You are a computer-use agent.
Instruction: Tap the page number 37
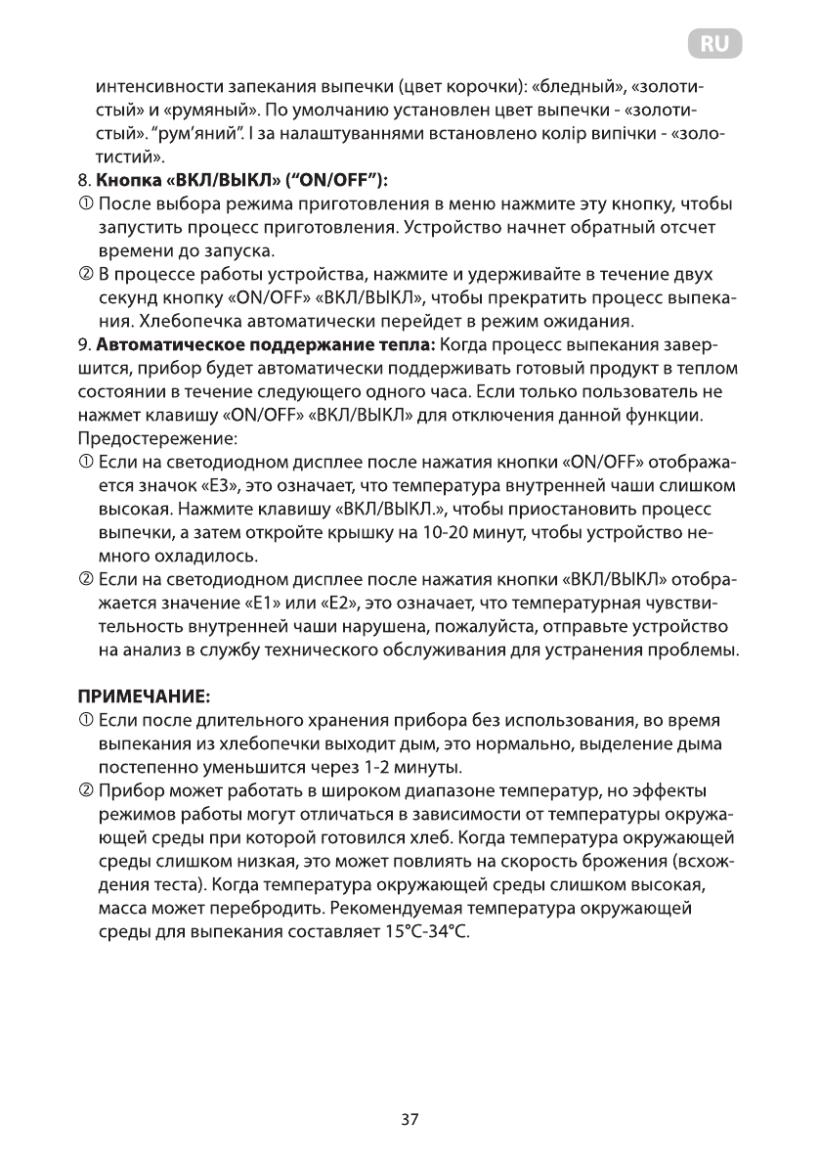click(410, 1120)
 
